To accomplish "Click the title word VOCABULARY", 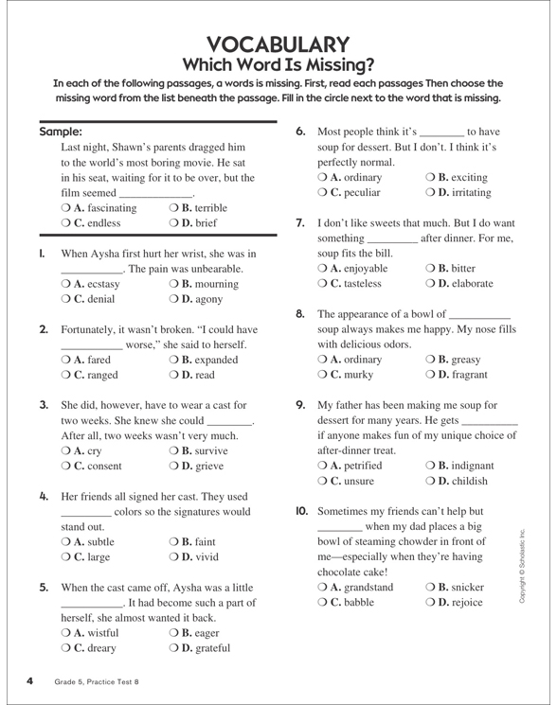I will (x=278, y=44).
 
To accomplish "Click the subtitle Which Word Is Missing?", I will (x=278, y=65).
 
